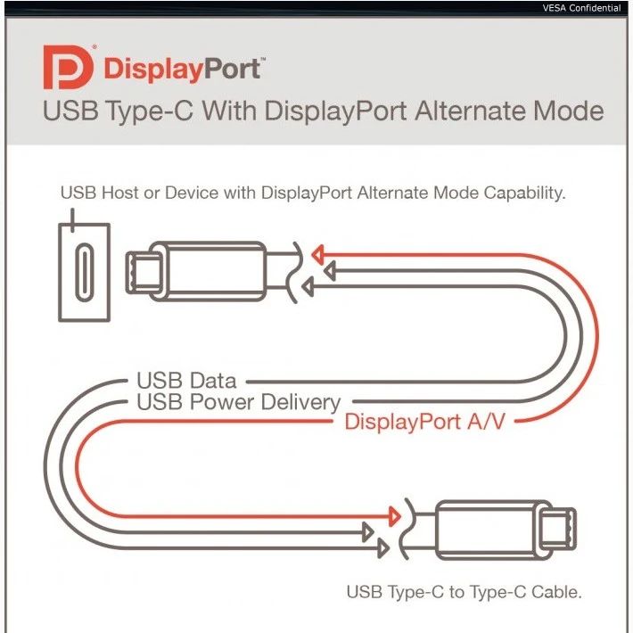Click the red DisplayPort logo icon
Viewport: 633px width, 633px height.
pos(68,69)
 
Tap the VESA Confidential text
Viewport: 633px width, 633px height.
pos(580,8)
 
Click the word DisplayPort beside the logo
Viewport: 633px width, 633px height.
pos(184,70)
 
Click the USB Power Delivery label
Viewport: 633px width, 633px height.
pos(238,402)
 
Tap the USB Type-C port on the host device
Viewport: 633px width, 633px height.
pos(85,270)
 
